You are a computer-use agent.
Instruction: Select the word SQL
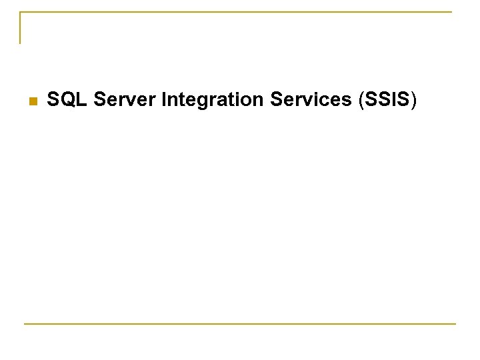(x=68, y=101)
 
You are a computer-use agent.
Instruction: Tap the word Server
(x=125, y=101)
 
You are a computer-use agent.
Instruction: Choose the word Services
(x=311, y=101)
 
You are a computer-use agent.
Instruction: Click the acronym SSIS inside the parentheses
(x=387, y=101)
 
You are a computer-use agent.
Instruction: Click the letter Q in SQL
(x=69, y=101)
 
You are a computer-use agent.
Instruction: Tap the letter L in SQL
(x=83, y=101)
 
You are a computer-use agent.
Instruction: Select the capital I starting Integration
(x=163, y=101)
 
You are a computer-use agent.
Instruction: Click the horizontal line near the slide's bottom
(x=240, y=324)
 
